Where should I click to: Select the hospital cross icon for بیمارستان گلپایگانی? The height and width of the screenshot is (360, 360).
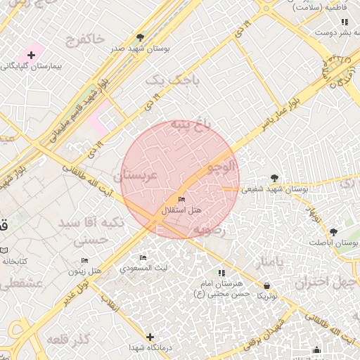(31, 55)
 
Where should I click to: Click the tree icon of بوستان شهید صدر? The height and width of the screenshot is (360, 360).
(141, 37)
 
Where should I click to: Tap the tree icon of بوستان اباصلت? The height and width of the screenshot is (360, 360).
(333, 231)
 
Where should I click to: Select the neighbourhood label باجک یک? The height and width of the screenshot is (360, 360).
(172, 81)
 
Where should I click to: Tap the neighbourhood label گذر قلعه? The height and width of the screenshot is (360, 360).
(68, 340)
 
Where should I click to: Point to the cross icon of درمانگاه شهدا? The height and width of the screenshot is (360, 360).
(149, 337)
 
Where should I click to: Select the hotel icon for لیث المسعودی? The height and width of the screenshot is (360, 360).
(143, 258)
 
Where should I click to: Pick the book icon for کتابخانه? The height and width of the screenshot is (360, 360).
(4, 250)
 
